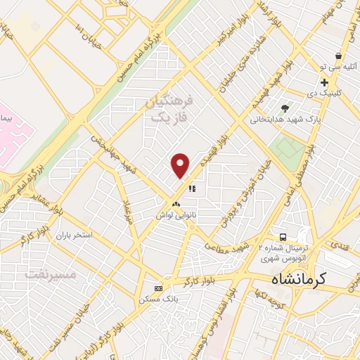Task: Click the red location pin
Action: pos(181,166)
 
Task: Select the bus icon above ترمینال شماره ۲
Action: pos(282,237)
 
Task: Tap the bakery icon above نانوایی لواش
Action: pos(176,205)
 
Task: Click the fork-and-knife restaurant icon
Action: pos(191,188)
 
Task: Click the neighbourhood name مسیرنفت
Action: pos(50,273)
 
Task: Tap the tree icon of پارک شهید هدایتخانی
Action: pos(285,108)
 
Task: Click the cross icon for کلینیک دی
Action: pos(323,83)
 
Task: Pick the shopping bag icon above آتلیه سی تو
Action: pos(338,55)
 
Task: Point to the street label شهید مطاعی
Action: pos(227,246)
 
